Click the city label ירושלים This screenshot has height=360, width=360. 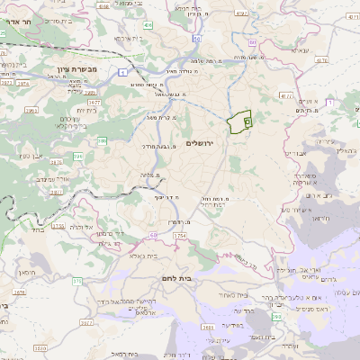click(x=203, y=143)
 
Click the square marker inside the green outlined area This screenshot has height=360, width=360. click(x=247, y=120)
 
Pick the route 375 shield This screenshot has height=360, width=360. click(x=76, y=282)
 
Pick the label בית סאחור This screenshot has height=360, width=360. click(x=231, y=295)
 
